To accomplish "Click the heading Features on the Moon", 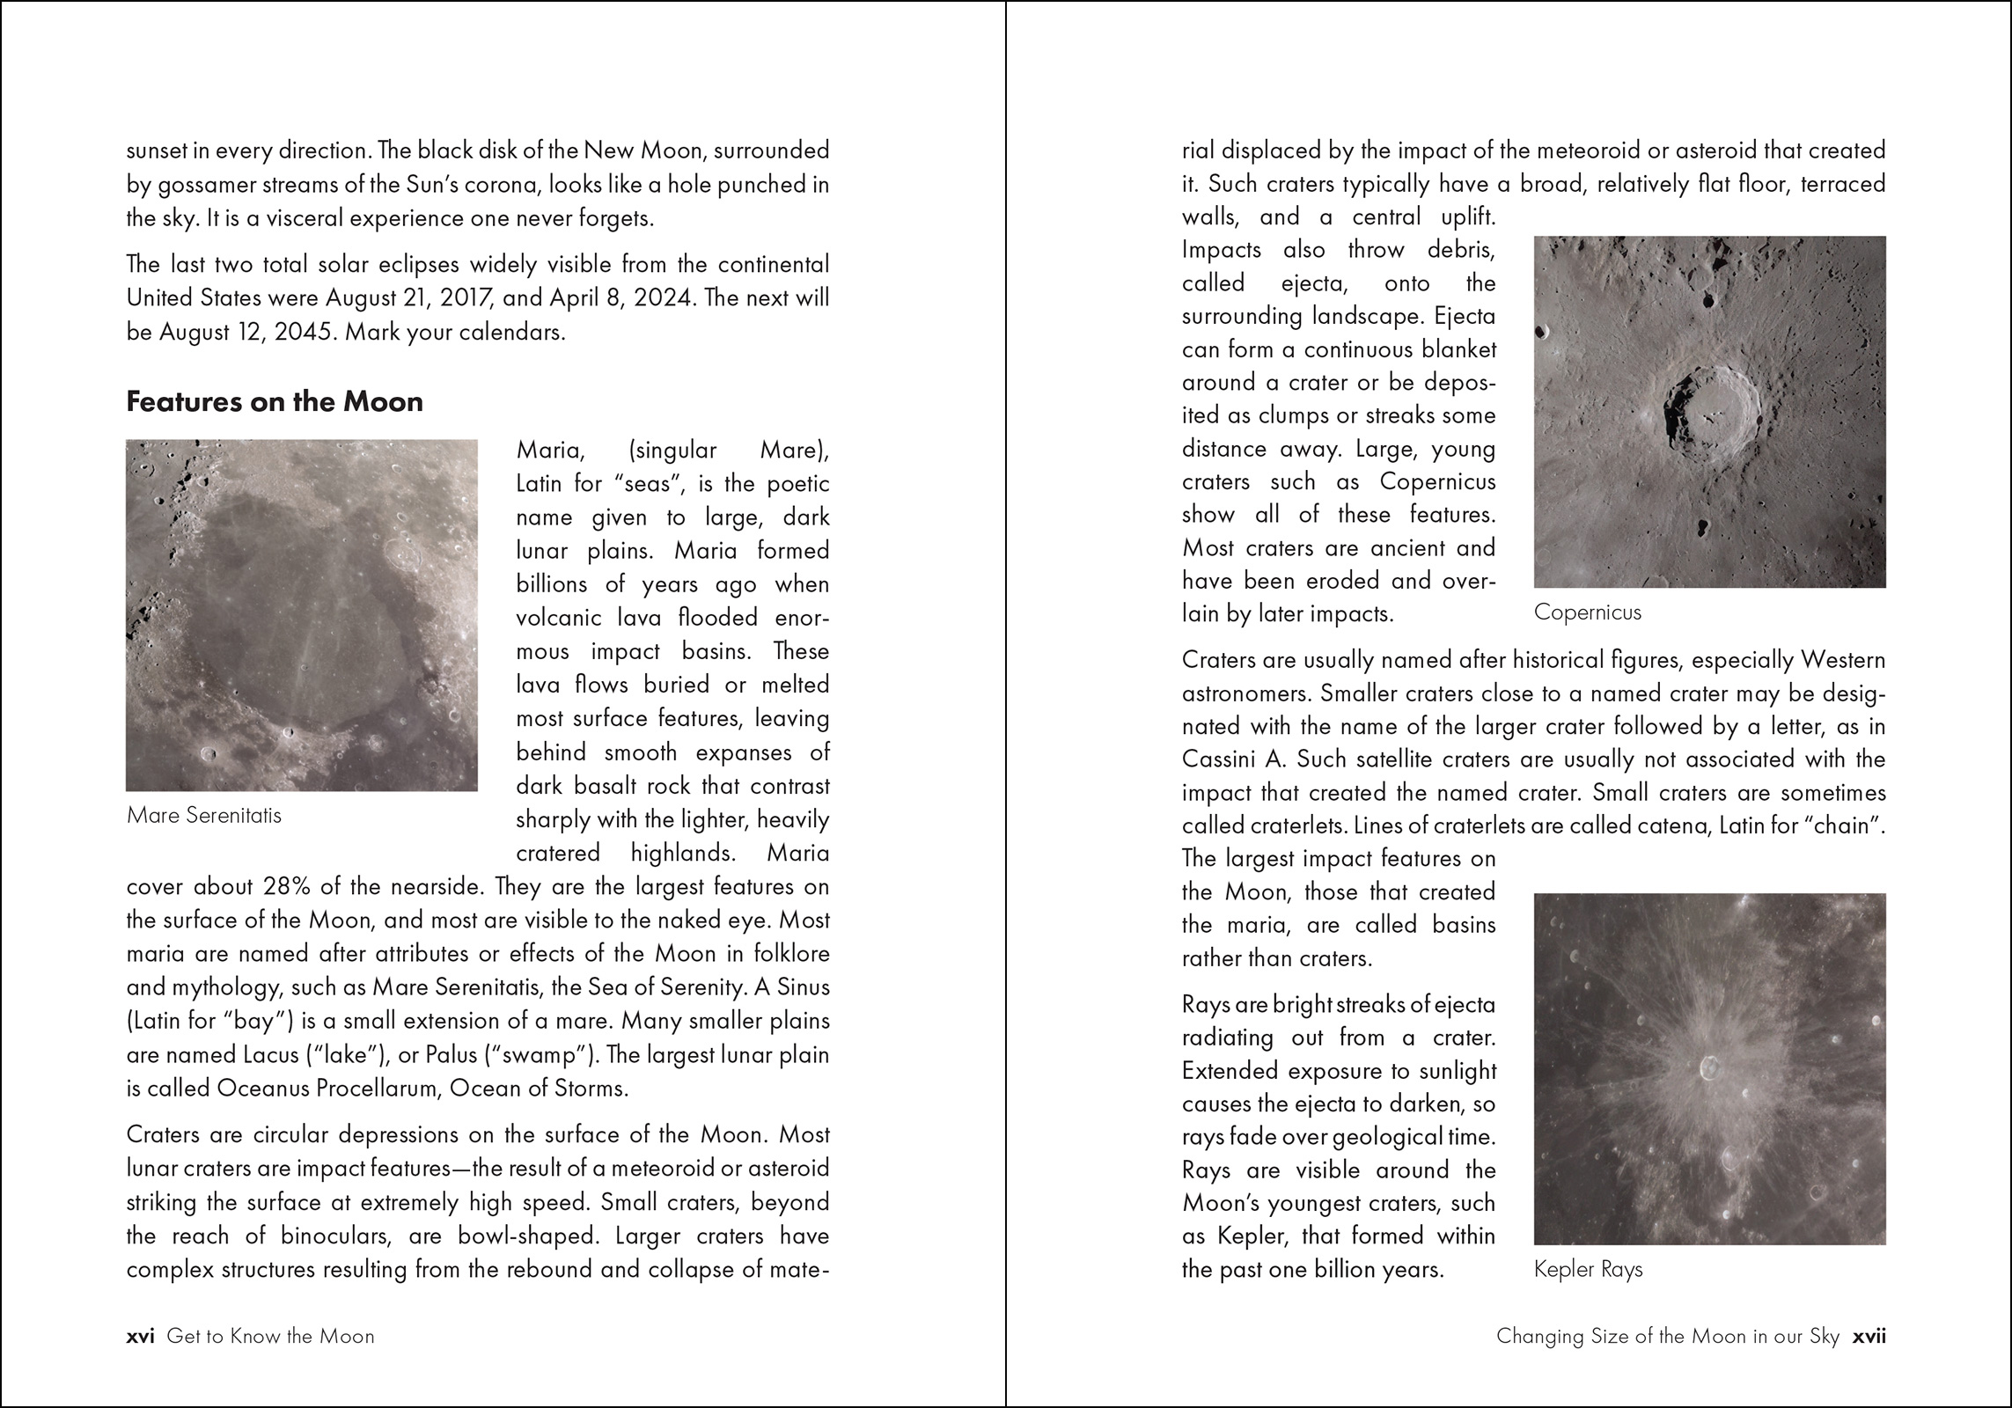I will (275, 402).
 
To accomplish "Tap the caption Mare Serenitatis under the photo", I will (204, 815).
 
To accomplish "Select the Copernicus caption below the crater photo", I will (1587, 612).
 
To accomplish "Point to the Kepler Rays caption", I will (1588, 1269).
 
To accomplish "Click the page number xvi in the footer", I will (140, 1336).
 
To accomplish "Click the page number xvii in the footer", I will (1869, 1336).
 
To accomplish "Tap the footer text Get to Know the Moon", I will (270, 1336).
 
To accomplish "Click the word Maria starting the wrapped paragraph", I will (550, 451).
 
